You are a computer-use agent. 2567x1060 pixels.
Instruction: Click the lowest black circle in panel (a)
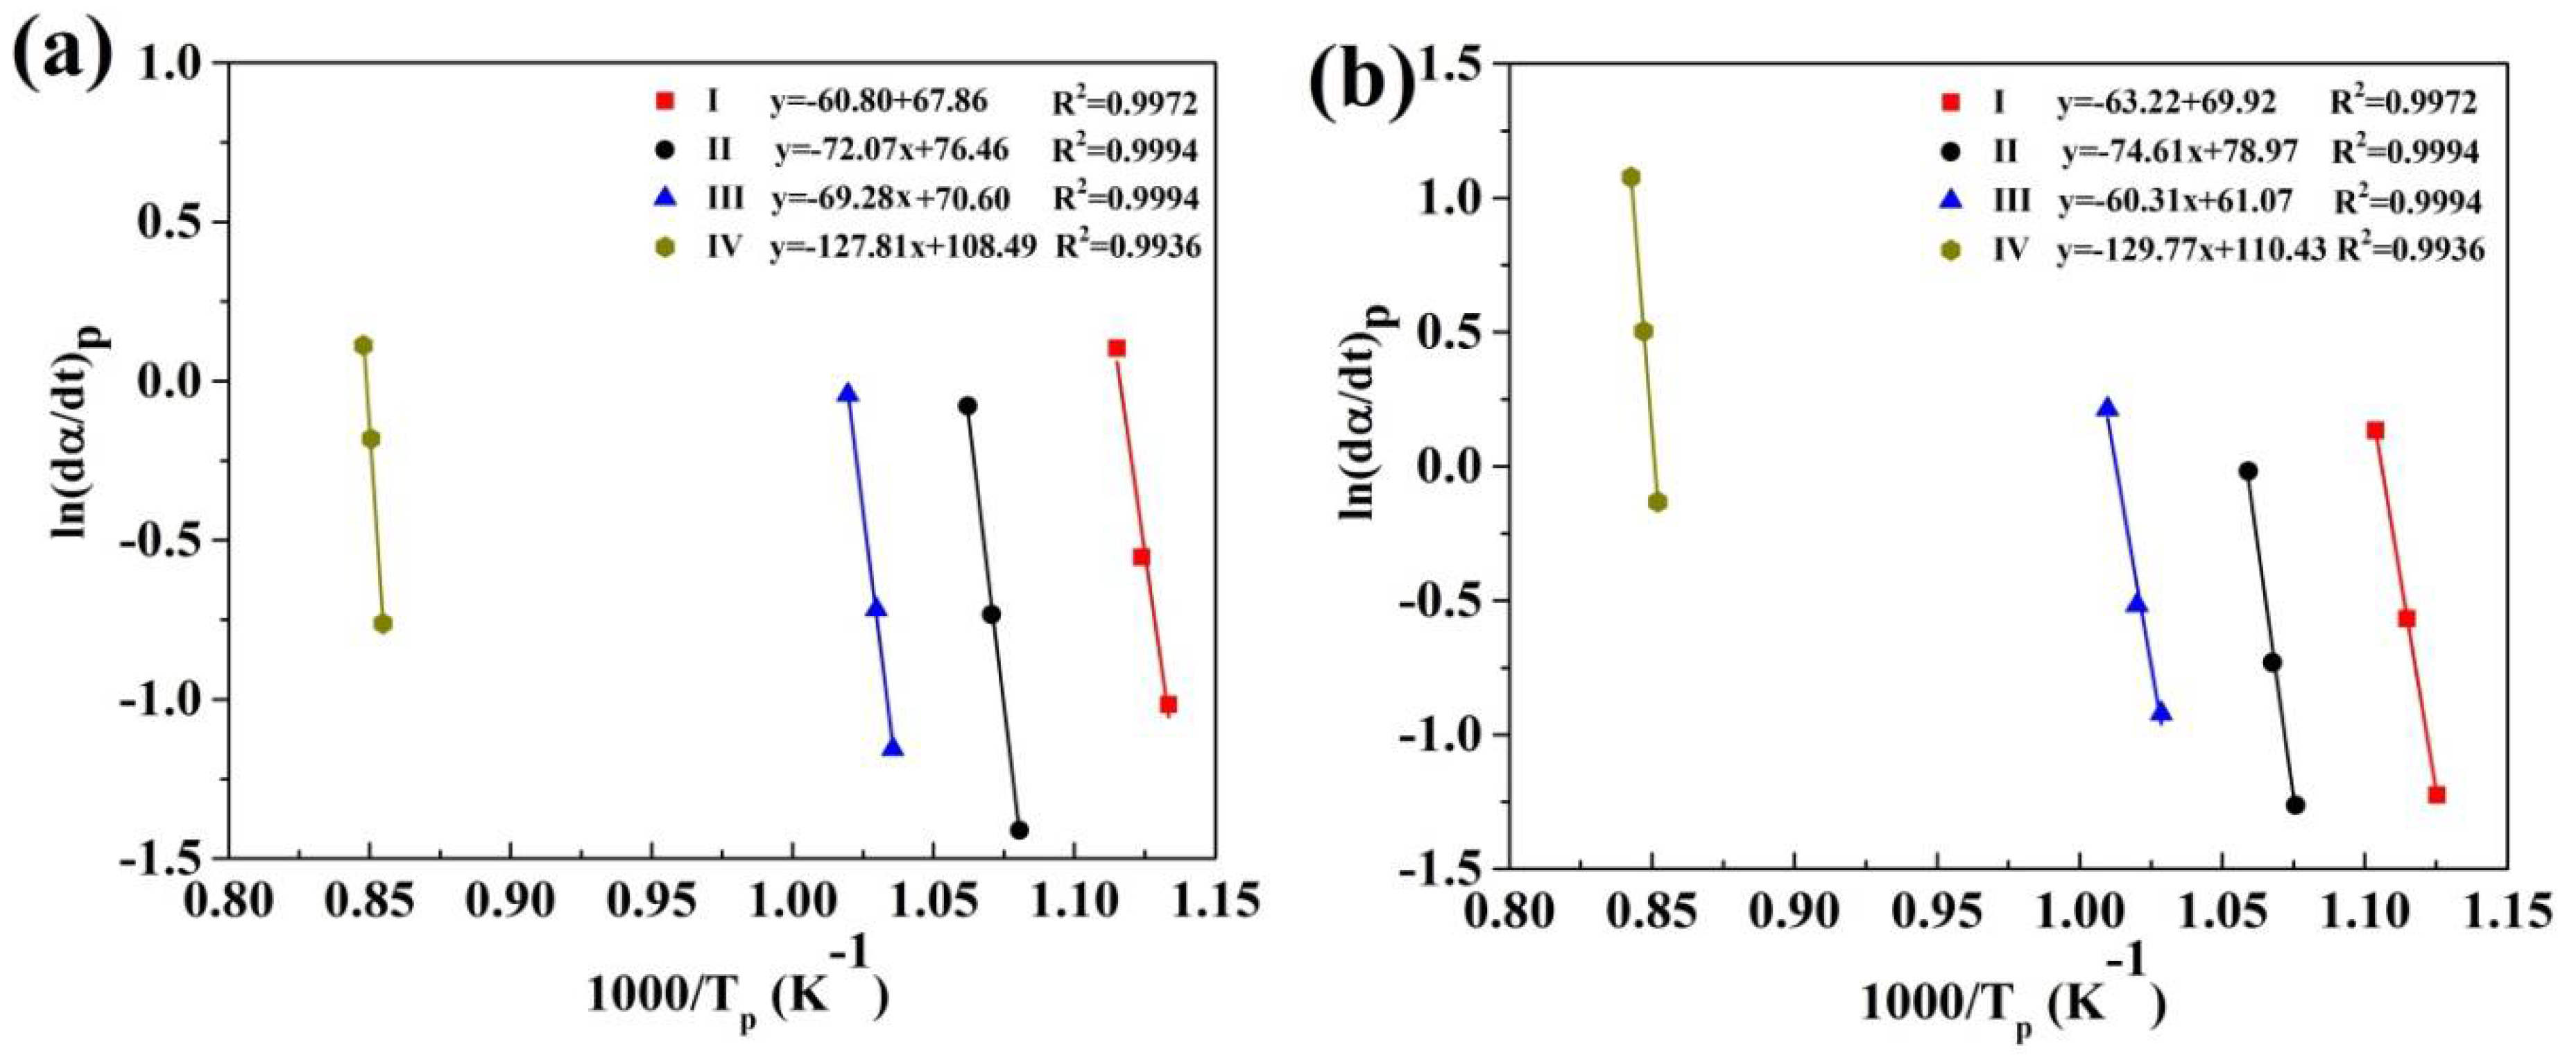coord(1018,830)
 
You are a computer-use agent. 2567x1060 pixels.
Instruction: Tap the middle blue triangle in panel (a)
coord(876,608)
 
